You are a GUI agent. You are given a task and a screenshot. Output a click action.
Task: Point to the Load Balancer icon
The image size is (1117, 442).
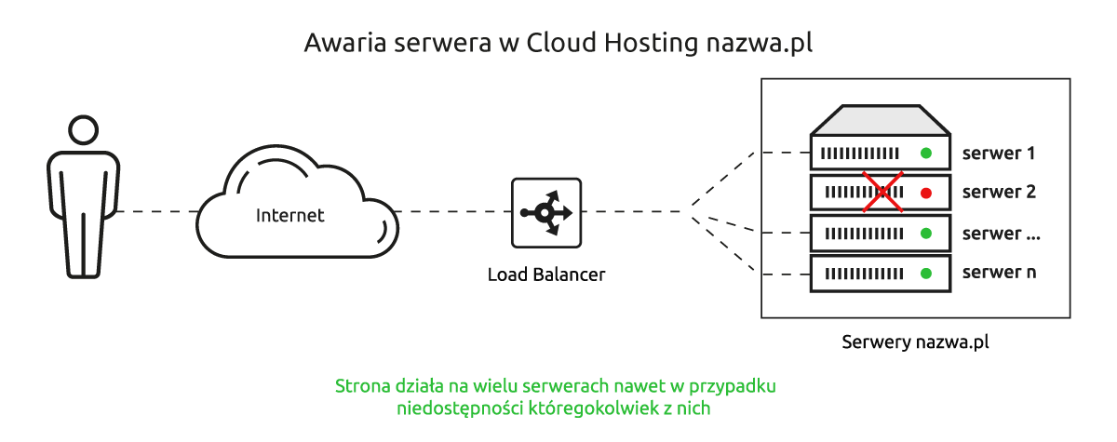546,213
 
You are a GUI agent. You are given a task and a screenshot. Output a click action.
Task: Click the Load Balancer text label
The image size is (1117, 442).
546,275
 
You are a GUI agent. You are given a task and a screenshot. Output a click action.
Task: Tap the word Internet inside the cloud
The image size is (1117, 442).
290,216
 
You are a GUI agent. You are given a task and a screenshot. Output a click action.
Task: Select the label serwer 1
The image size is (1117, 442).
999,153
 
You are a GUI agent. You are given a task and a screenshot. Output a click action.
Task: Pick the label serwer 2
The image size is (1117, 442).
999,193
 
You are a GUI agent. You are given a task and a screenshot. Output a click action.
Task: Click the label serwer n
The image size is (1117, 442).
999,273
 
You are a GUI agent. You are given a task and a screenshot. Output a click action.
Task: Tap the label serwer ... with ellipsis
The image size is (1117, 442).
1001,233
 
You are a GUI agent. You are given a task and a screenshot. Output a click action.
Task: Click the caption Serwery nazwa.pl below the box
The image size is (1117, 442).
915,342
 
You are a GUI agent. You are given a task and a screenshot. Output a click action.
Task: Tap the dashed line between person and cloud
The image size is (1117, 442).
156,212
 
